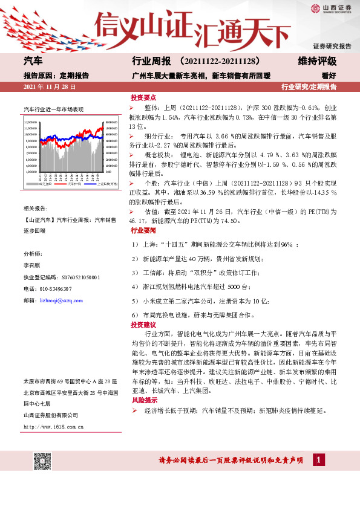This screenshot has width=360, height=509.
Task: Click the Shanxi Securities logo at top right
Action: point(330,8)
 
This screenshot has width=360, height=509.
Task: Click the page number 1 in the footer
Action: point(317,461)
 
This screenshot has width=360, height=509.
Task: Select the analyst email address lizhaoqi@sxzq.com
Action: point(60,299)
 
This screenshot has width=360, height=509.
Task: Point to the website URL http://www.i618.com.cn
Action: point(53,426)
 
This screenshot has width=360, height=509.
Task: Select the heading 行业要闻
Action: point(143,231)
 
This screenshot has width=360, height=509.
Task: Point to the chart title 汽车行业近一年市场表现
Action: point(53,110)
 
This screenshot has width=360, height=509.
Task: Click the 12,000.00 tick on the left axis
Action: point(31,123)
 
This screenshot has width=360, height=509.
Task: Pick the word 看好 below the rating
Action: point(329,76)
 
